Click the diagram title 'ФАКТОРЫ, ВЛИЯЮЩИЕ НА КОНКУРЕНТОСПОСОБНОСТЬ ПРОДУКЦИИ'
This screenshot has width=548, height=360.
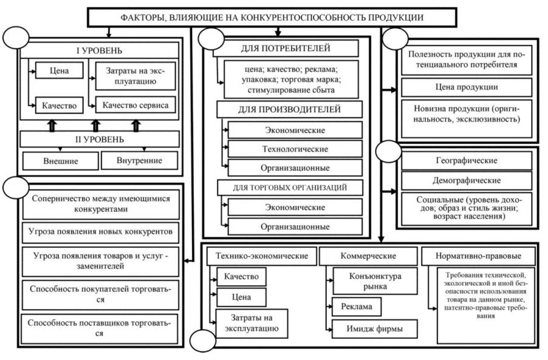coord(273,17)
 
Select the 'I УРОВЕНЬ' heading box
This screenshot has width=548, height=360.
coord(99,49)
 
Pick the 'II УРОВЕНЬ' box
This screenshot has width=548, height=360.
coord(99,139)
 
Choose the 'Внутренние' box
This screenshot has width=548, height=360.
coord(139,160)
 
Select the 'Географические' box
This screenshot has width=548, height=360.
coord(466,160)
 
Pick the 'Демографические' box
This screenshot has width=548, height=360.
coord(466,180)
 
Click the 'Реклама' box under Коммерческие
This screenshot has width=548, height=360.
coord(357,307)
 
